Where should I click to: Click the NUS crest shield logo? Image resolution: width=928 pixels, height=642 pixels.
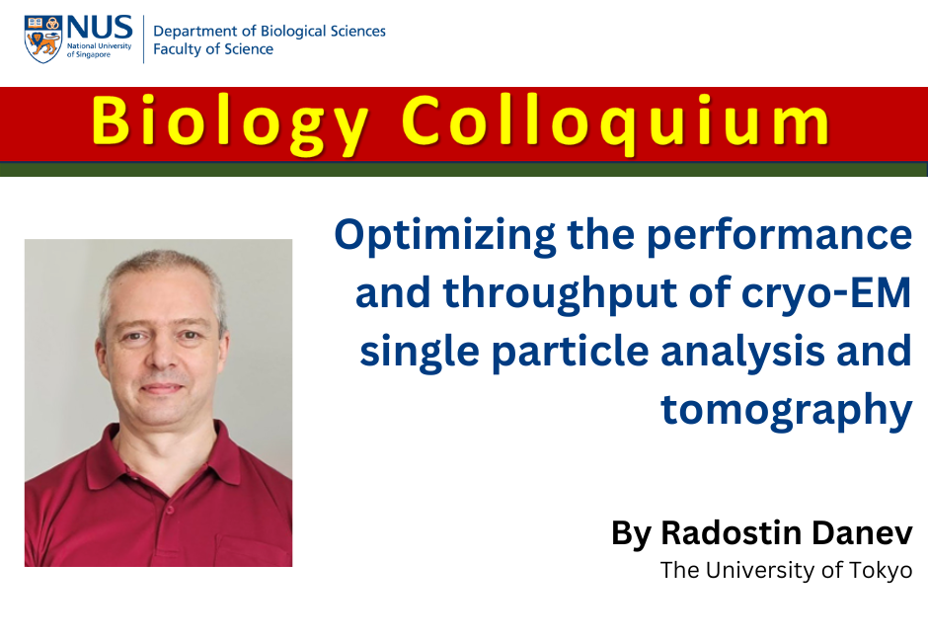(43, 40)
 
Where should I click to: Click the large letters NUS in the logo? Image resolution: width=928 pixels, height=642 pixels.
(100, 28)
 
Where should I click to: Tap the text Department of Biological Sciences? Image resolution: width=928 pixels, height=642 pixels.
(270, 32)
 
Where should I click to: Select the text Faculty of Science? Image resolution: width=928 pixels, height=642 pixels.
(213, 49)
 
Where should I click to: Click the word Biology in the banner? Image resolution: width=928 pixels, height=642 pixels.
(230, 123)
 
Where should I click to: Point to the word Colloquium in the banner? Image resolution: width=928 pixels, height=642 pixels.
(616, 123)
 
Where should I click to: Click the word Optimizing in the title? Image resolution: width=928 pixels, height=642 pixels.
(445, 236)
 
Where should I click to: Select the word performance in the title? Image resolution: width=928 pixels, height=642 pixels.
(779, 236)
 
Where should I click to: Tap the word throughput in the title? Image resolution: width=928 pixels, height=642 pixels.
(560, 293)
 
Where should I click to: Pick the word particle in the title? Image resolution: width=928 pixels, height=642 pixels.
(570, 351)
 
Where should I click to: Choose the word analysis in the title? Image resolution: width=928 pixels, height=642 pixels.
(742, 352)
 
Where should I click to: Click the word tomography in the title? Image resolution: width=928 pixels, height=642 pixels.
(786, 410)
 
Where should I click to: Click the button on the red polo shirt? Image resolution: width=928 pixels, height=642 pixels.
(170, 510)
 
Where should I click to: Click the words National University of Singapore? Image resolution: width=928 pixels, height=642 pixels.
(99, 50)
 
